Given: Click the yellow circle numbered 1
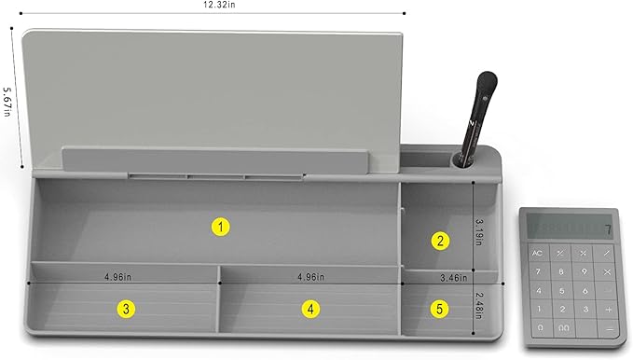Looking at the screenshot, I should click(x=220, y=226).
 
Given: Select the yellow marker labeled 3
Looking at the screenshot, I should click(x=125, y=309).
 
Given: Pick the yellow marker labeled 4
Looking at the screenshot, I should click(x=310, y=309).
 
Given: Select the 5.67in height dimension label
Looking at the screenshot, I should click(x=7, y=101).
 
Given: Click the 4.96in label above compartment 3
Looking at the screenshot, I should click(x=118, y=277).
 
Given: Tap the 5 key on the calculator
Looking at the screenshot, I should click(x=560, y=289).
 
